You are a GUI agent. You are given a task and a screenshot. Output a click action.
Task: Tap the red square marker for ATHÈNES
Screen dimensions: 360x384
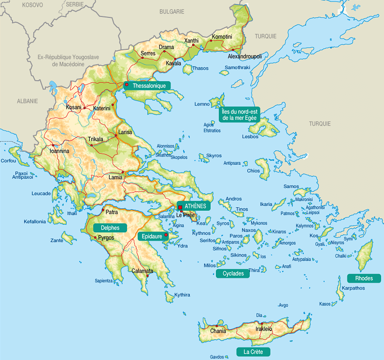[x=180, y=207]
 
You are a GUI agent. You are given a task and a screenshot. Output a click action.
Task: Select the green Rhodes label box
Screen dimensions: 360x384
[x=364, y=278]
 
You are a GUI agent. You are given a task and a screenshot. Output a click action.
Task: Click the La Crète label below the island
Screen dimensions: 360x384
[x=253, y=352]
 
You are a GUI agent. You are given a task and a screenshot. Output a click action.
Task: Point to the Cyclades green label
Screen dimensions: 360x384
[x=233, y=274]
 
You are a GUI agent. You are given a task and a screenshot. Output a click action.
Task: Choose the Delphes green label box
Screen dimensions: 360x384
[x=110, y=228]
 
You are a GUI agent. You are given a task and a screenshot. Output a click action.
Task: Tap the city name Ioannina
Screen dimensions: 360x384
[x=59, y=151]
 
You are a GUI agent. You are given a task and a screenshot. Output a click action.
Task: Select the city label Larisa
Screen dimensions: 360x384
[x=125, y=132]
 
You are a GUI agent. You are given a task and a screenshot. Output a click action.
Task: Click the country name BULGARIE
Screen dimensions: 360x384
[x=171, y=11]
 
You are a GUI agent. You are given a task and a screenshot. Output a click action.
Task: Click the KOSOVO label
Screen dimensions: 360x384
[x=32, y=4]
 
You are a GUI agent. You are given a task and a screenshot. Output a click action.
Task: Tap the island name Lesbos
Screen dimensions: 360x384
[x=251, y=136]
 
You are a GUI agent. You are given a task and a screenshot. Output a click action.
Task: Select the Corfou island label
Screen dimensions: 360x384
[x=8, y=161]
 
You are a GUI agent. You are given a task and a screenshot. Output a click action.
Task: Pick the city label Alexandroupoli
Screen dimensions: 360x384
[x=244, y=57]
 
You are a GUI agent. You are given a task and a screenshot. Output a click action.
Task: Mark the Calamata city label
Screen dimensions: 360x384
[x=142, y=271]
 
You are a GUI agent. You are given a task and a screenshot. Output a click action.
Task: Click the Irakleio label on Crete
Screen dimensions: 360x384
[x=264, y=329]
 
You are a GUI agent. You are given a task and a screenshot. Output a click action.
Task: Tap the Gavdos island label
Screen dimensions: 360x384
[x=217, y=357]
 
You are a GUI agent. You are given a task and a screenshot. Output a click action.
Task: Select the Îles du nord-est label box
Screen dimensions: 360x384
[x=240, y=114]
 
